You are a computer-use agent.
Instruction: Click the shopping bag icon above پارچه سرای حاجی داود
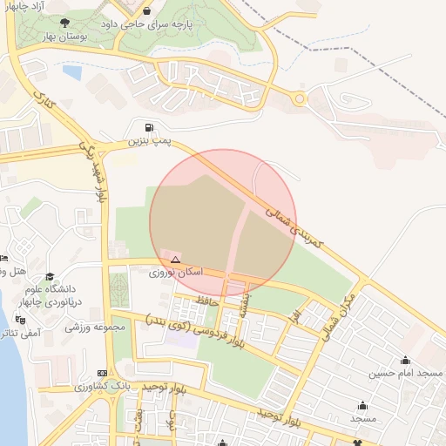tap(146, 10)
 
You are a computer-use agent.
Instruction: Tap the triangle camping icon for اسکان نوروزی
tap(175, 260)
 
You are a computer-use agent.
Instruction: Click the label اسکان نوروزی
tap(176, 273)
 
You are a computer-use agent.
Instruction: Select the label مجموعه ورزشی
tap(97, 328)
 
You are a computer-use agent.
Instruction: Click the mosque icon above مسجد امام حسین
tap(405, 360)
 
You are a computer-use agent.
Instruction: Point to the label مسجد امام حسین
tap(405, 373)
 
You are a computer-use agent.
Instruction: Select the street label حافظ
tap(207, 301)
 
